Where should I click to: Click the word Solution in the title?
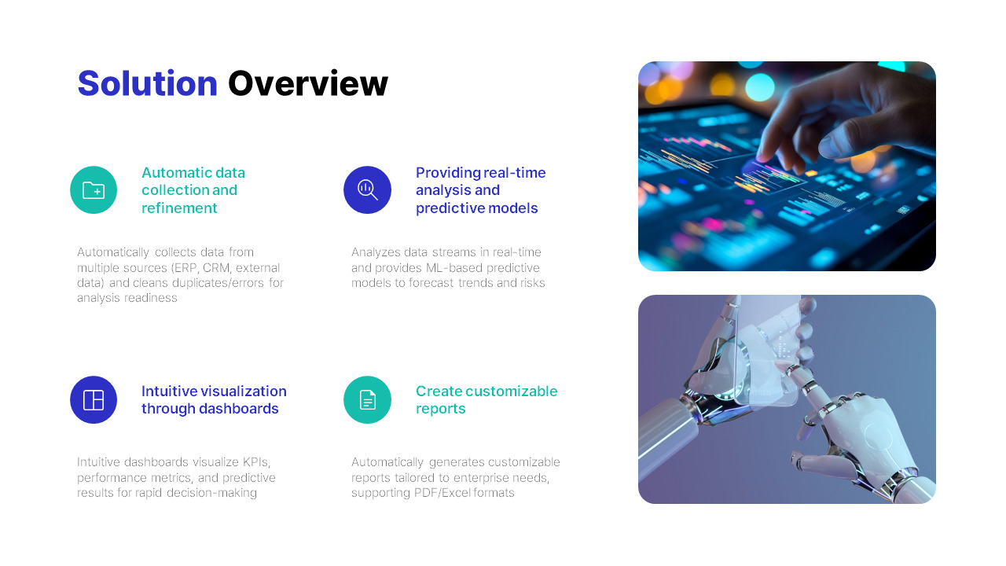(x=147, y=83)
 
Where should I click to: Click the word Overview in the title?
(x=307, y=83)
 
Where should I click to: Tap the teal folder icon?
(x=94, y=189)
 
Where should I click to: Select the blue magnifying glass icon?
(x=367, y=189)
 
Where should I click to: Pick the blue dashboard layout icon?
(x=94, y=399)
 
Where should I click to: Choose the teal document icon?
(x=367, y=399)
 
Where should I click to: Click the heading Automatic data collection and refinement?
(x=193, y=190)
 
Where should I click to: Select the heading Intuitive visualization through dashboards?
(x=214, y=399)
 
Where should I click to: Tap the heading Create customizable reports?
(x=486, y=399)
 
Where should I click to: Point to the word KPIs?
(x=256, y=462)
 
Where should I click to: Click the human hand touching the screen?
(x=833, y=118)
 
